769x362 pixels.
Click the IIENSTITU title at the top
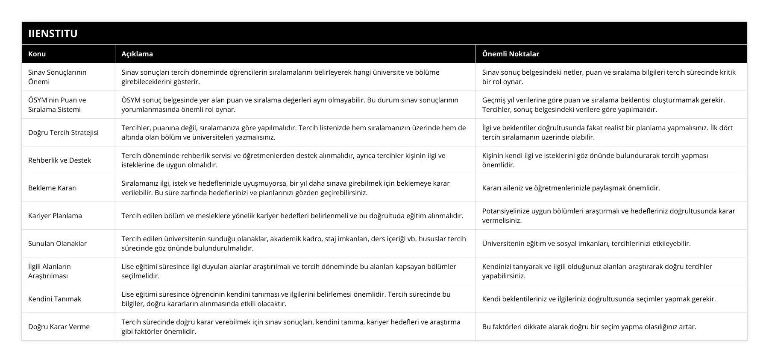tap(53, 33)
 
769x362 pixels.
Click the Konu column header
tap(37, 54)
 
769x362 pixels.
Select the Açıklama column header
tap(137, 54)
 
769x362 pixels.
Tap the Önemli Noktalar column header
tap(511, 54)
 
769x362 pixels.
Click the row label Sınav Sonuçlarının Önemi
tap(57, 77)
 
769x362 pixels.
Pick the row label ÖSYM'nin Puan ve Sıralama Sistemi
tap(57, 105)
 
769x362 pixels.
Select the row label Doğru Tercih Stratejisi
tap(63, 132)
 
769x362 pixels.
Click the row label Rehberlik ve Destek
tap(59, 160)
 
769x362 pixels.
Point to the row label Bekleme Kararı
tap(52, 188)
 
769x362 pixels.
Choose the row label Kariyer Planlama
tap(55, 216)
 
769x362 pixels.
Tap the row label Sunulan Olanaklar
tap(57, 243)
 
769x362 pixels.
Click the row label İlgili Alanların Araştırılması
tap(50, 271)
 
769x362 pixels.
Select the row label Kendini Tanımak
tap(55, 299)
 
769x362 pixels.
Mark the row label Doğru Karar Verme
tap(59, 327)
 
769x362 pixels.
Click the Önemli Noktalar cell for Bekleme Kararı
tap(571, 188)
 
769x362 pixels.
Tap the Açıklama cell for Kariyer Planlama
tap(292, 216)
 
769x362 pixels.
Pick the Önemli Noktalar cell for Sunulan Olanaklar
tap(586, 243)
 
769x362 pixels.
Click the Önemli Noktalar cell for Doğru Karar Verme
tap(589, 327)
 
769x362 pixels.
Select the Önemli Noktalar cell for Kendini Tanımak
tap(599, 299)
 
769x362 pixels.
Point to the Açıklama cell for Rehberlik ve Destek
tap(283, 160)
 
